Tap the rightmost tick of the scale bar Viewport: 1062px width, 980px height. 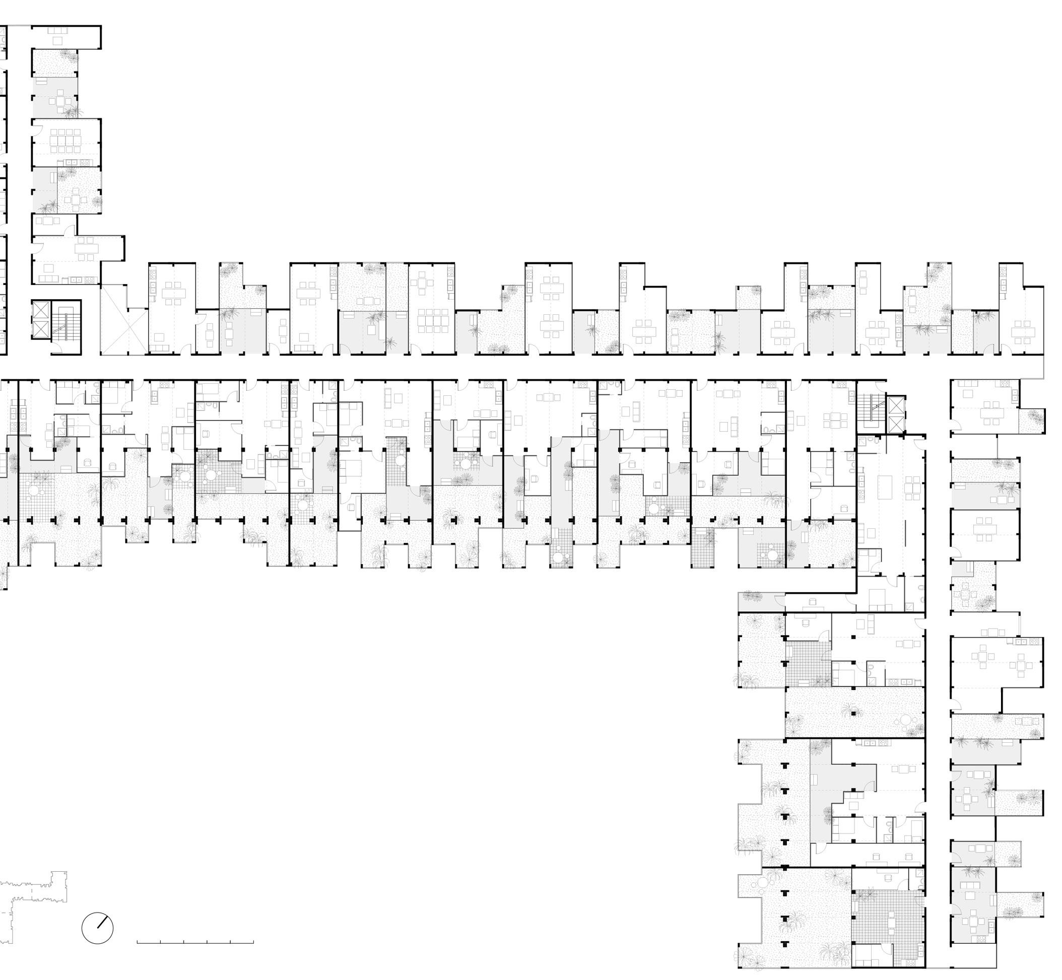(253, 942)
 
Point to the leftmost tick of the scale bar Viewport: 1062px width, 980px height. (138, 942)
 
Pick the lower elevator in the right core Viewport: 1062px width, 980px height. (896, 423)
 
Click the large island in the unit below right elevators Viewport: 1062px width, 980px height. (884, 486)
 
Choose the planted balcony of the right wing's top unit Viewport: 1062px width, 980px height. (1032, 421)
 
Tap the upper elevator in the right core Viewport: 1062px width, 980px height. (896, 406)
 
